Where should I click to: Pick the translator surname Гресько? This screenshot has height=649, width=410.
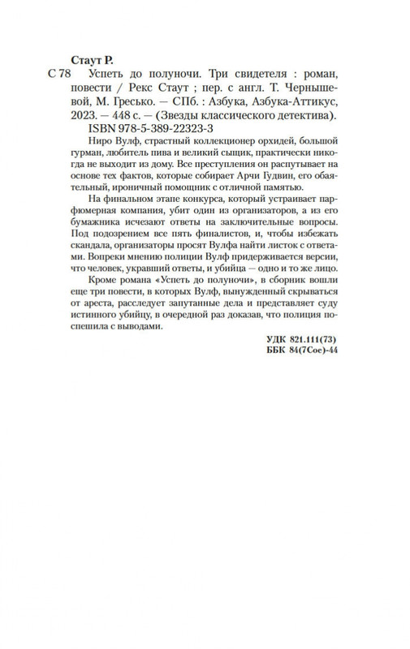122,101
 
